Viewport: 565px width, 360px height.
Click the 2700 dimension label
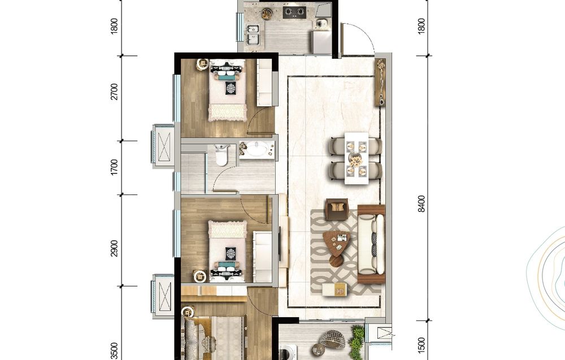click(x=114, y=92)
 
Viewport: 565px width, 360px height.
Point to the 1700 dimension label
click(x=114, y=167)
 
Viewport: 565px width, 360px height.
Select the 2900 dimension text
click(x=114, y=248)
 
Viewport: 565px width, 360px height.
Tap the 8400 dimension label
click(x=421, y=204)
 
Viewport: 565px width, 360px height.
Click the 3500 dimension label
click(x=114, y=351)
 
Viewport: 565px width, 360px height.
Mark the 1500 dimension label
click(x=421, y=345)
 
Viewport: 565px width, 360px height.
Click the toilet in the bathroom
click(x=221, y=155)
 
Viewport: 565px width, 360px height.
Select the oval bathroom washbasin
click(x=257, y=149)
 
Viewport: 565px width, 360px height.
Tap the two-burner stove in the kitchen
click(x=294, y=12)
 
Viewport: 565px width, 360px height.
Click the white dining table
click(x=357, y=158)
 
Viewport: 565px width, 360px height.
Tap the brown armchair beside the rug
click(x=337, y=209)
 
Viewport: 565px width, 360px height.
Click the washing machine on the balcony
click(x=288, y=352)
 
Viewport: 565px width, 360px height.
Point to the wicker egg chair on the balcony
click(x=333, y=339)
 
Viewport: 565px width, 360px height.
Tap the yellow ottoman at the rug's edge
click(x=334, y=289)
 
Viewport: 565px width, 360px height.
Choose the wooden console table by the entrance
click(x=380, y=82)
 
